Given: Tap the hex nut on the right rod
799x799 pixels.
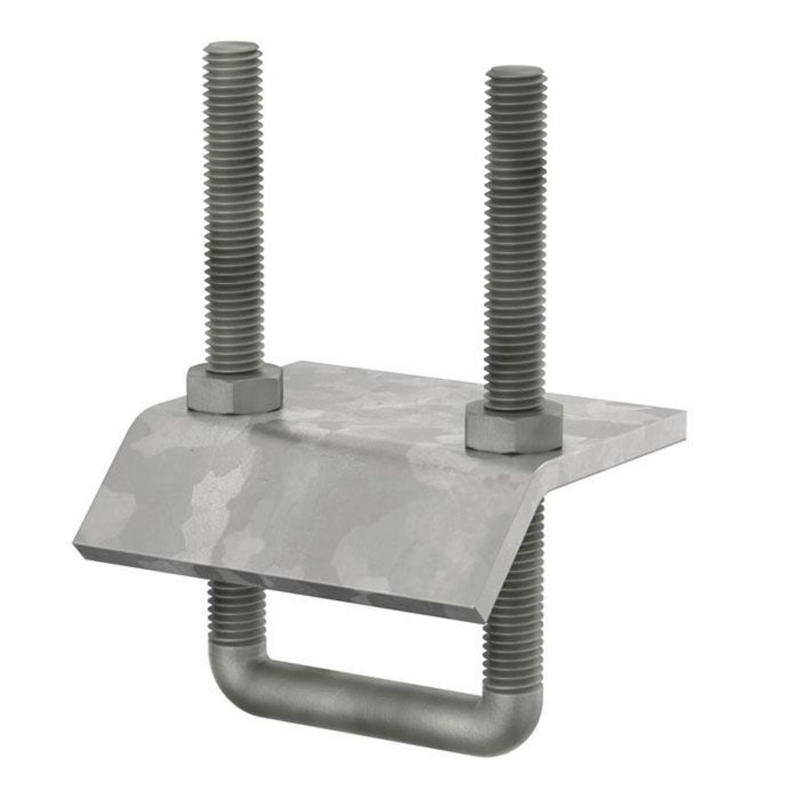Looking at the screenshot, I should tap(513, 430).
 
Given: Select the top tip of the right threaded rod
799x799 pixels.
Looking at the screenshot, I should tap(516, 68).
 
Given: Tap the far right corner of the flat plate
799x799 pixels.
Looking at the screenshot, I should tap(684, 414).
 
